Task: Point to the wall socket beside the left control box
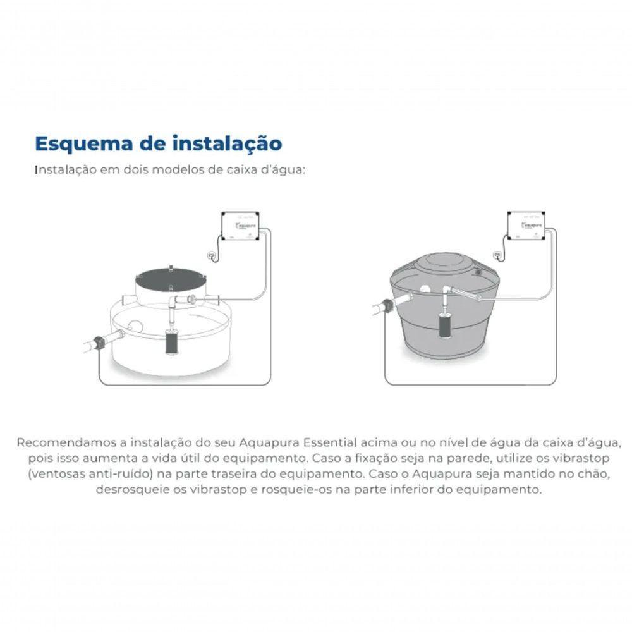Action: point(212,255)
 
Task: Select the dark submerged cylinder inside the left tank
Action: point(171,341)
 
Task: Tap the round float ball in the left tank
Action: point(135,329)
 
